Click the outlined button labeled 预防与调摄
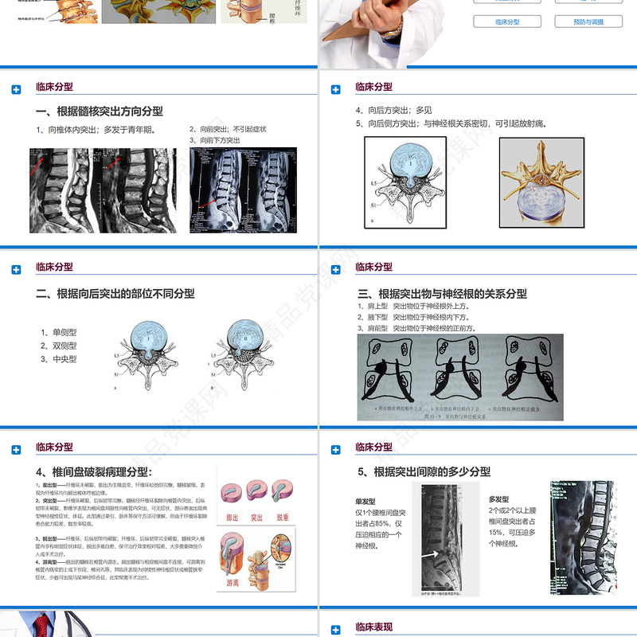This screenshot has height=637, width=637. click(x=588, y=21)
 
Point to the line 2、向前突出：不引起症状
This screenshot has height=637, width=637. click(x=228, y=129)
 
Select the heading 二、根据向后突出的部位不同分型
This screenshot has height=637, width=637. click(x=115, y=294)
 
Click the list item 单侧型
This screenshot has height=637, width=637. click(x=60, y=332)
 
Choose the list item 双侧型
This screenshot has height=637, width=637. click(x=60, y=346)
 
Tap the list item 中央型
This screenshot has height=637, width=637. click(x=60, y=359)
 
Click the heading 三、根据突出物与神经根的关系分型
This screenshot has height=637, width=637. click(x=443, y=294)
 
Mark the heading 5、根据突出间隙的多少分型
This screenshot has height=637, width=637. click(x=424, y=472)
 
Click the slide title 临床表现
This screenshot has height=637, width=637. click(x=373, y=627)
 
